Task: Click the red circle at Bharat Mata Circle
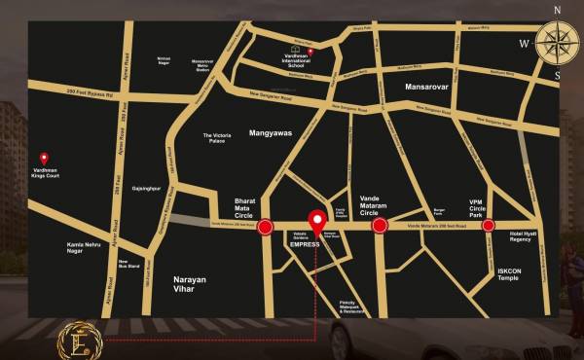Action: [x=265, y=228]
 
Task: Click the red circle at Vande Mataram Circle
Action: [x=380, y=226]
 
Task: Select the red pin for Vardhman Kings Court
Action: [x=44, y=158]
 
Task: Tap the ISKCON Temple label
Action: [x=507, y=274]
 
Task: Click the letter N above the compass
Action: [x=557, y=10]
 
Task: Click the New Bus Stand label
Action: [x=125, y=264]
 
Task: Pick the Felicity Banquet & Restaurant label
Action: [x=353, y=306]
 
